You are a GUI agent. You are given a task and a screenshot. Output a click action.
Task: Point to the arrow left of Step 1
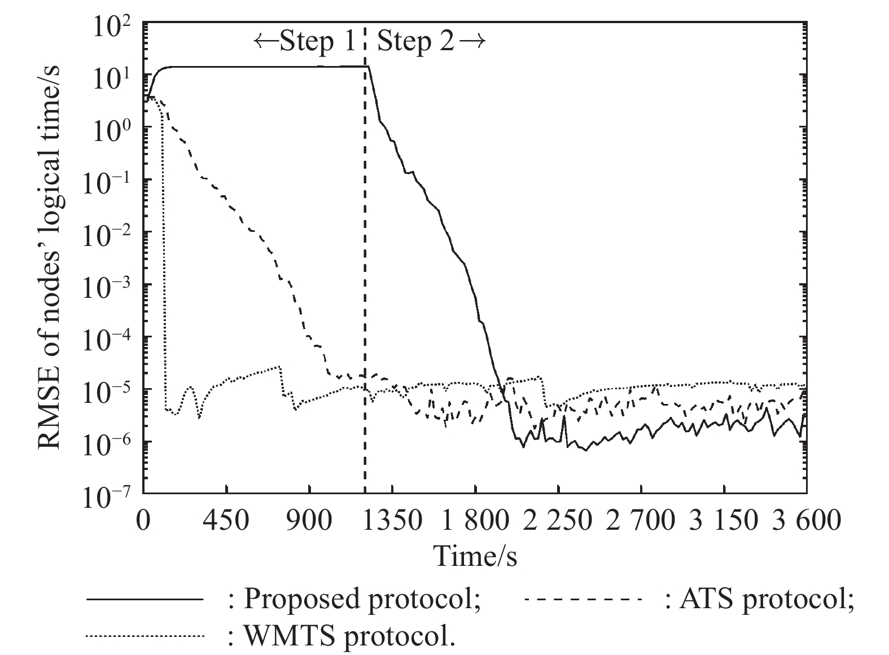tap(265, 42)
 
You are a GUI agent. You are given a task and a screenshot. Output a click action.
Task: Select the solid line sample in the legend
tap(144, 599)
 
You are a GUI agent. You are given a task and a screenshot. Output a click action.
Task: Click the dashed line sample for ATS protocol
tap(584, 599)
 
